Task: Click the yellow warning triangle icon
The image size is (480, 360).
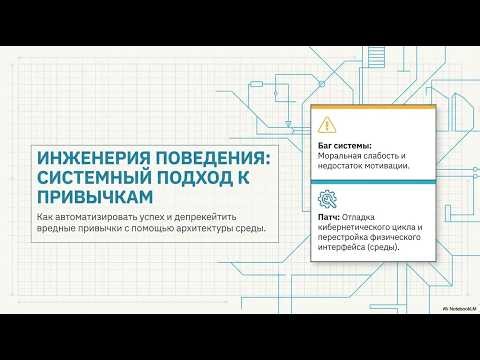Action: click(327, 126)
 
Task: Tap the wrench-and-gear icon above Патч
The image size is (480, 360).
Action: click(327, 196)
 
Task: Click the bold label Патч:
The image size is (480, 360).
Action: click(327, 216)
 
